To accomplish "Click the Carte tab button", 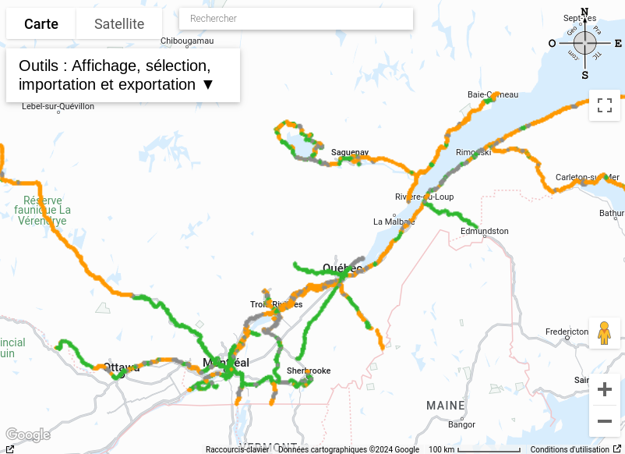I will pos(41,24).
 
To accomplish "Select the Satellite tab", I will pos(119,24).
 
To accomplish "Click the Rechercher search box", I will pos(296,19).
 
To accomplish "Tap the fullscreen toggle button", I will pos(605,105).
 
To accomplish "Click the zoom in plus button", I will pos(605,389).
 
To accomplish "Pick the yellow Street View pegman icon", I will pos(605,333).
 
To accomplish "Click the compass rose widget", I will pos(584,43).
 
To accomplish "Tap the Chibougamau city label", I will pos(187,41).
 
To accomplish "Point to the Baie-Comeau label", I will pos(493,94).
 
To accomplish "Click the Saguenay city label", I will pos(350,152).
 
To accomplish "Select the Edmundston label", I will pos(484,231).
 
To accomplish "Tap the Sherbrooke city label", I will pos(309,371).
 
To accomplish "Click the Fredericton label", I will pos(567,332).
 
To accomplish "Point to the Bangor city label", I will pos(461,424).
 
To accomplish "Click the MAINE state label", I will pos(446,405).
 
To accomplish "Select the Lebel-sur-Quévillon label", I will pos(58,106).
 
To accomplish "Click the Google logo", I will pos(27,434).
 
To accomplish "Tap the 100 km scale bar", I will pos(474,449).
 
